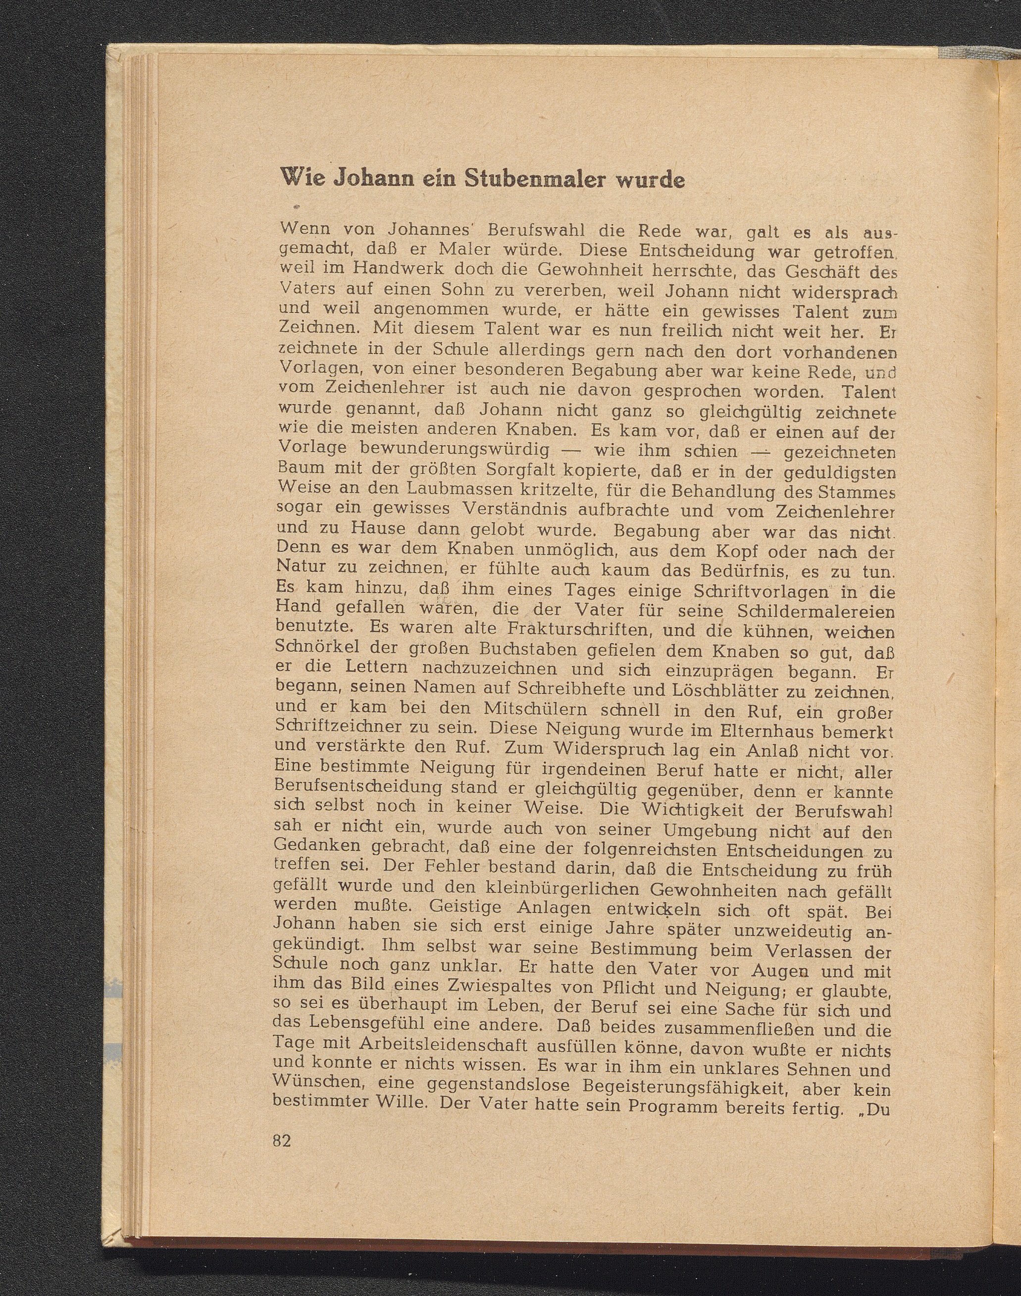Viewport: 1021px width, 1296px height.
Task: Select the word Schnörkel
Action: click(317, 649)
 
